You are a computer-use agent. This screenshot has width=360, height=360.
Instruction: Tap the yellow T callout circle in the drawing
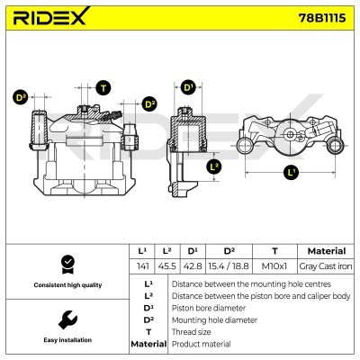pos(103,87)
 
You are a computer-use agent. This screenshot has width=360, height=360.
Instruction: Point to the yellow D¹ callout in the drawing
pos(188,87)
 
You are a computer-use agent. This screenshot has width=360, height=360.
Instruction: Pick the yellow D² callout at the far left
pos(21,97)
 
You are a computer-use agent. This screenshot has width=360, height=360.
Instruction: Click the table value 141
pos(140,266)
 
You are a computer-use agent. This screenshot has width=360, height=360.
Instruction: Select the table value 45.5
pos(166,266)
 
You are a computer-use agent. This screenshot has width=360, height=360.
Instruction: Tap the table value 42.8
pos(191,266)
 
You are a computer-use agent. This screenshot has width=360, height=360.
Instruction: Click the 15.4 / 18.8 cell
pos(228,266)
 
